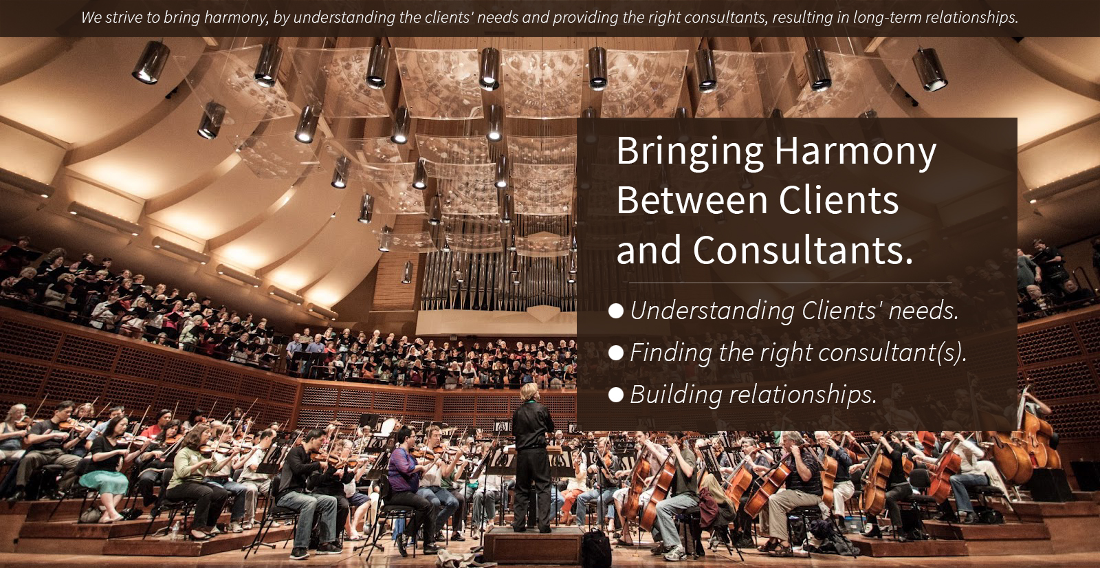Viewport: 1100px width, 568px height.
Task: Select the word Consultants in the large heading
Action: point(803,250)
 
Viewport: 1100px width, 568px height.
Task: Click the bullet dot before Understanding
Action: point(616,311)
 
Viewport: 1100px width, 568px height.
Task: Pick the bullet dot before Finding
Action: point(616,353)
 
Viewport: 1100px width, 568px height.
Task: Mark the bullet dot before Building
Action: point(616,395)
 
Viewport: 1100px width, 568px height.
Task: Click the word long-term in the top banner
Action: point(885,18)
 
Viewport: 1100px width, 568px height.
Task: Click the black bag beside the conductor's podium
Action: point(596,549)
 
